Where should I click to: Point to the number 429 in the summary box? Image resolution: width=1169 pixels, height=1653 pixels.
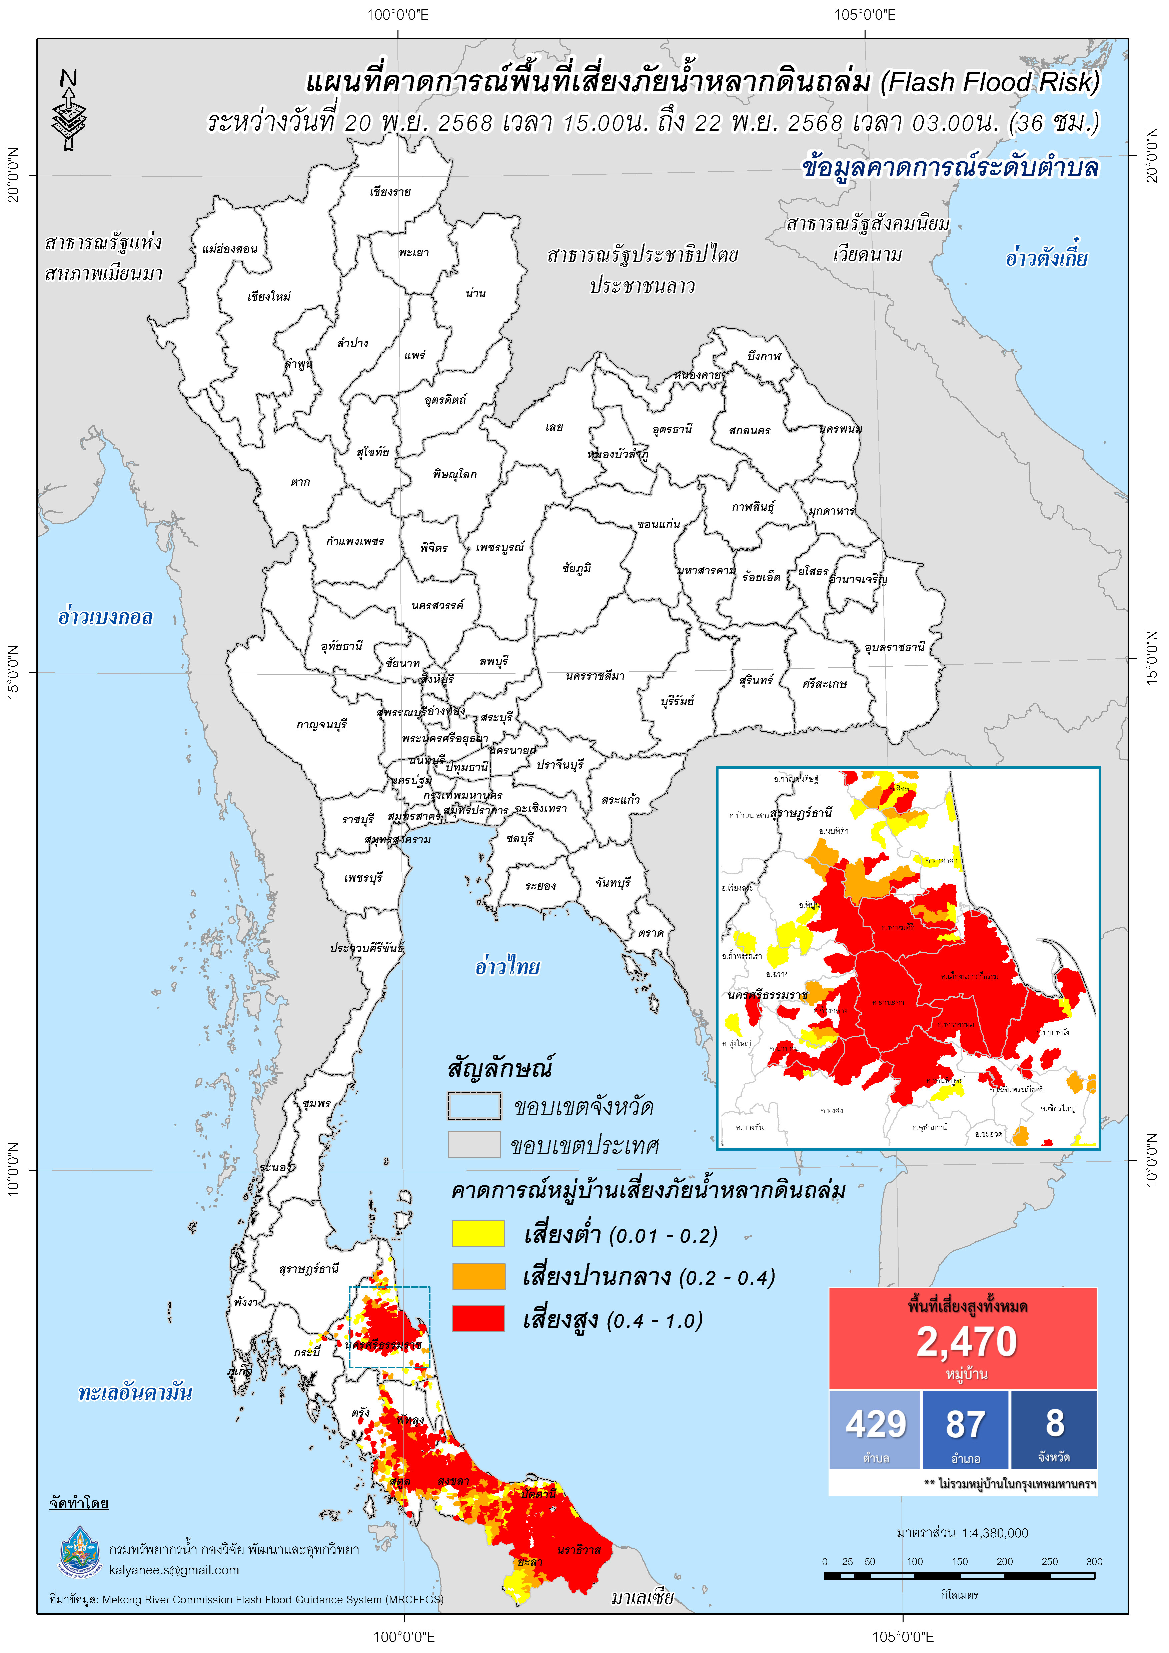875,1424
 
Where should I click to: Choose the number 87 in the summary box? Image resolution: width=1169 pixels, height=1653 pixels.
965,1424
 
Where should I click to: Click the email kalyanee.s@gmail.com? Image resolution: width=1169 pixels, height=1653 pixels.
174,1570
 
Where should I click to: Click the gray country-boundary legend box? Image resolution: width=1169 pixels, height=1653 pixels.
474,1145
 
